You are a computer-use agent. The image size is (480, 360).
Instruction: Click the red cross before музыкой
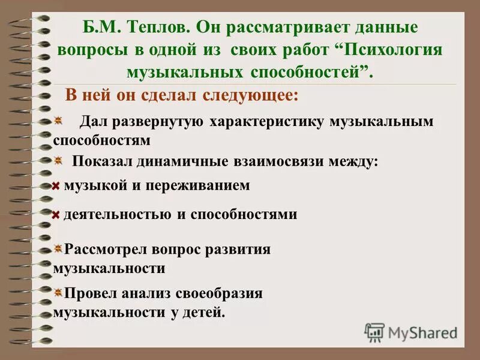[x=55, y=187]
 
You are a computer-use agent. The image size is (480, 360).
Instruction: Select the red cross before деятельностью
[x=55, y=215]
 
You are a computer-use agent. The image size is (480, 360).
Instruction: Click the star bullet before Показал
[x=58, y=161]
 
